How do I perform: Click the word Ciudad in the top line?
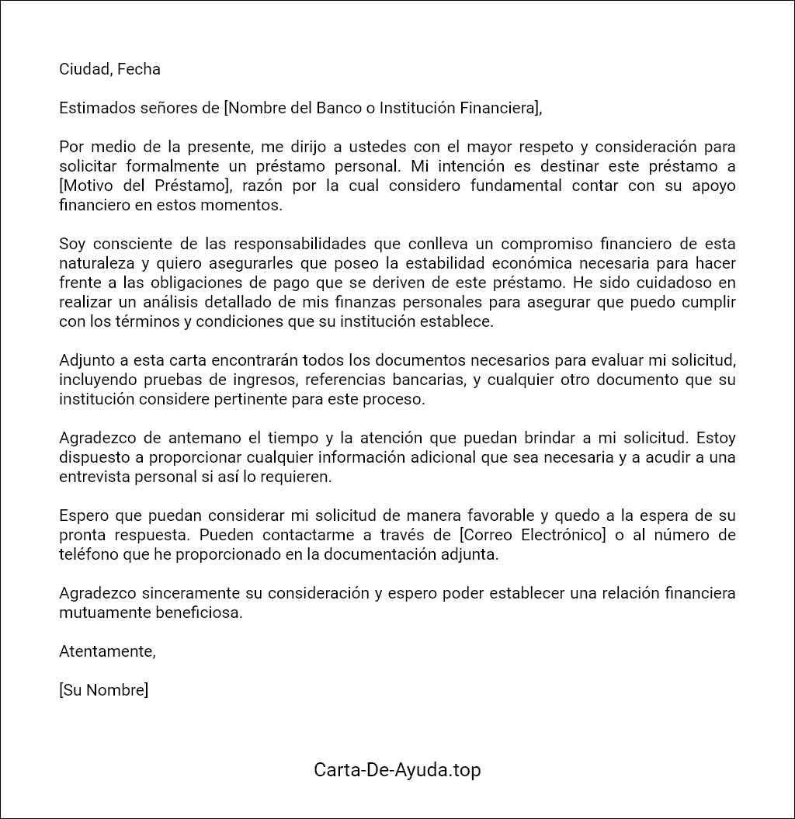[x=84, y=69]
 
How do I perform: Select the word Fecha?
[x=139, y=69]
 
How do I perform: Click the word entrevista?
[x=95, y=477]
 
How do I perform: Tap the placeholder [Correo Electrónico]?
[x=532, y=536]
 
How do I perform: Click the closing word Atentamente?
[x=107, y=652]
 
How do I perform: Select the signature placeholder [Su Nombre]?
[x=103, y=691]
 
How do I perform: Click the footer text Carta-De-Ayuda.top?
[x=397, y=770]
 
